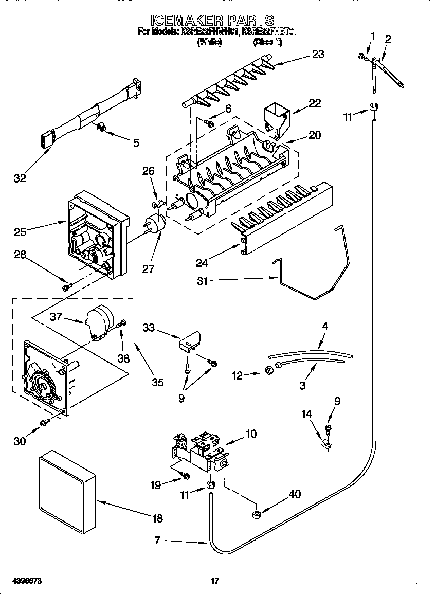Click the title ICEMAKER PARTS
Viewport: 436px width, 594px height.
tap(212, 20)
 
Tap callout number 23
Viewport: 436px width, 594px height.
tap(318, 54)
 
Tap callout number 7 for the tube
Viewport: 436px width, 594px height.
tap(158, 540)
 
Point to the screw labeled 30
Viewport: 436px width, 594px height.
tap(45, 422)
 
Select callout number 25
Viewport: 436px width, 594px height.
tap(20, 232)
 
